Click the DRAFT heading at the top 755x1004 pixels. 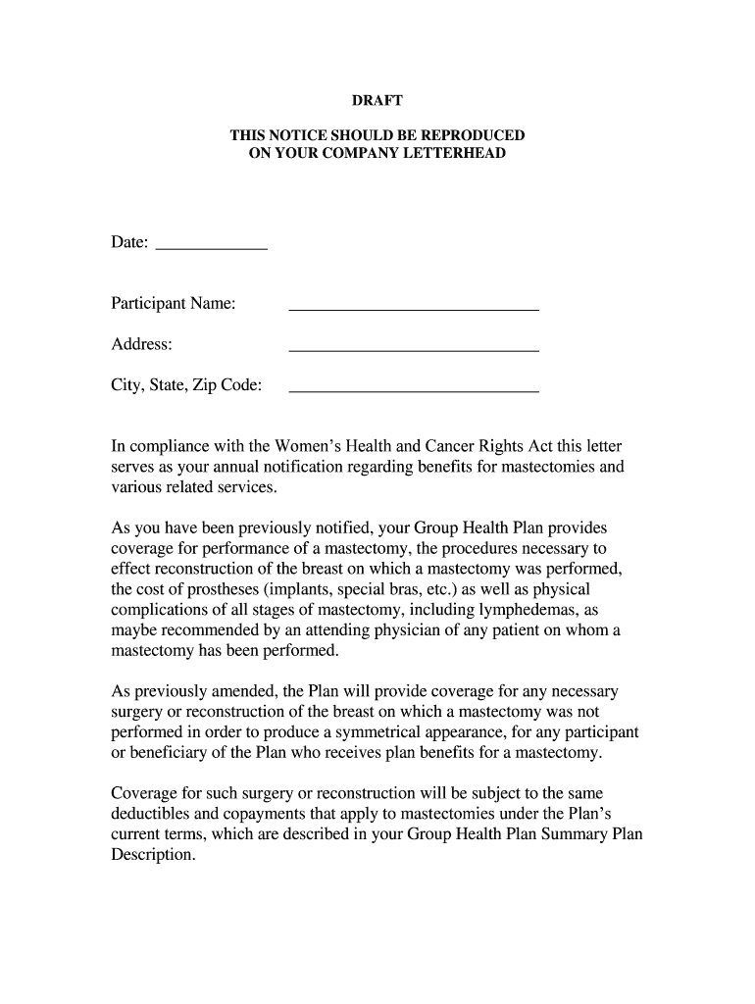tap(377, 101)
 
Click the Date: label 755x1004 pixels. tap(129, 242)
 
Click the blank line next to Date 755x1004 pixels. tap(212, 248)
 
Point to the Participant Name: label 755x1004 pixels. tap(173, 304)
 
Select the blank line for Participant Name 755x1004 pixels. tap(413, 309)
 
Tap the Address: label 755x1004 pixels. tap(141, 344)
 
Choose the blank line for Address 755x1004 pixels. tap(413, 349)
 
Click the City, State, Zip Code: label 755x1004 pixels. tap(186, 385)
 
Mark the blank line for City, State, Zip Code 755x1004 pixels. tap(413, 390)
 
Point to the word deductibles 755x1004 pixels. tap(153, 814)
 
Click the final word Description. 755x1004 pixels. tap(153, 855)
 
